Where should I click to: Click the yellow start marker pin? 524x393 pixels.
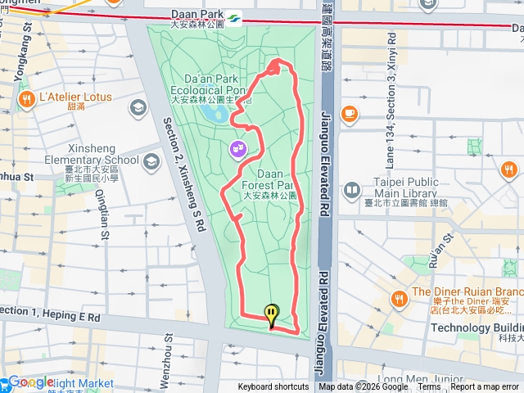click(x=271, y=314)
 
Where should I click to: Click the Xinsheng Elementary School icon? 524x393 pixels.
click(x=151, y=160)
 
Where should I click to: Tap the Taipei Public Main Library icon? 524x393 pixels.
click(x=351, y=191)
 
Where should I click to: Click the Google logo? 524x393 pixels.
click(x=30, y=382)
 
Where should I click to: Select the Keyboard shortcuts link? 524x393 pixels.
click(x=273, y=387)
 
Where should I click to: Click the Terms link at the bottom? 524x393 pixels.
click(x=428, y=387)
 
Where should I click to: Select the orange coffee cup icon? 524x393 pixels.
click(x=350, y=112)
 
